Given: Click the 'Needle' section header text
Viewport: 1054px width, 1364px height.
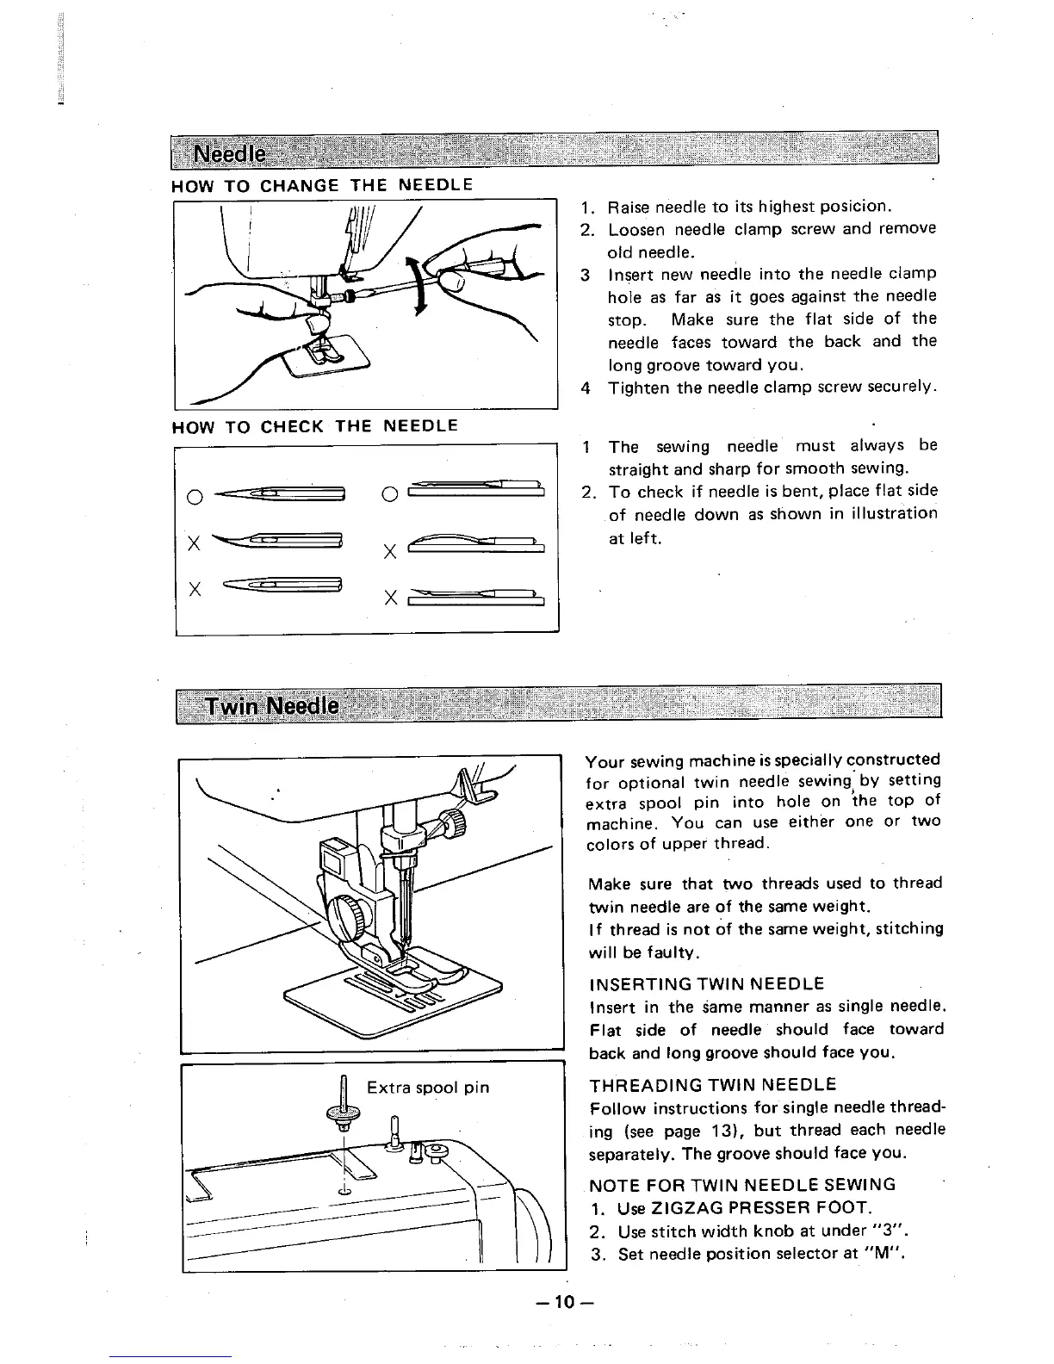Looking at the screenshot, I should (229, 155).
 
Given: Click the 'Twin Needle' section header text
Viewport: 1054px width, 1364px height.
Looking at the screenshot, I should (271, 707).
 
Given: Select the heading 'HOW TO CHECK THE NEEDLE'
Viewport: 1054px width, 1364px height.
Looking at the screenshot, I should (314, 425).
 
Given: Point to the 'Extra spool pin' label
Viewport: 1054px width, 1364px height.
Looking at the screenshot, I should (428, 1087).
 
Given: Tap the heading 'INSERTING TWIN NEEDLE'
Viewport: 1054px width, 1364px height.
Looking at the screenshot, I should (706, 983).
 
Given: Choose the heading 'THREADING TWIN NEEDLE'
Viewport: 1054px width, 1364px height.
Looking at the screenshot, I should (712, 1084).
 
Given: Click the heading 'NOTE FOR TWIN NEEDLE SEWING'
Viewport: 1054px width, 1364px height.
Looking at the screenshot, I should (742, 1184).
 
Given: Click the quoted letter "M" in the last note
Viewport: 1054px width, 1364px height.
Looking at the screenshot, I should (878, 1253).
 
